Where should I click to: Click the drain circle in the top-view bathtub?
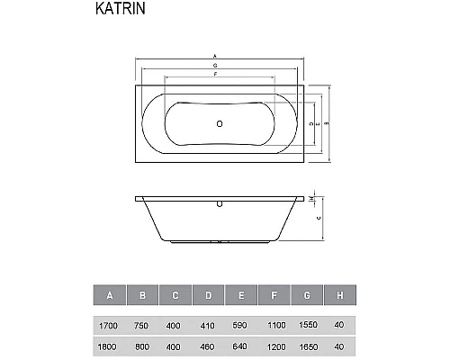point(219,121)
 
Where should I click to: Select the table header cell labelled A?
point(110,295)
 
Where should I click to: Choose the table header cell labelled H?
point(340,295)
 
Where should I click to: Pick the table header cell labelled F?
point(274,295)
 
